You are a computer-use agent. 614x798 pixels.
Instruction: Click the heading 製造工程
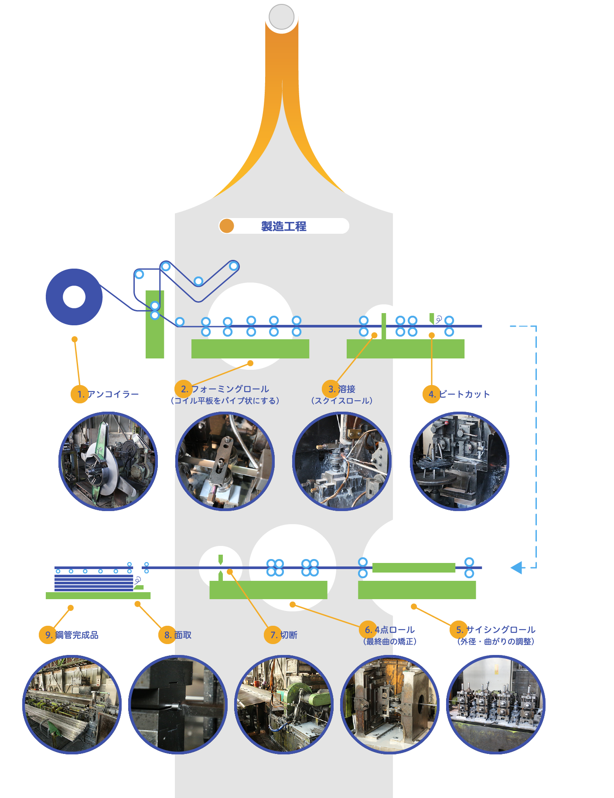pyautogui.click(x=283, y=226)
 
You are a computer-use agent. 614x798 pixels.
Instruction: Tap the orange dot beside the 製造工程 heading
pyautogui.click(x=227, y=226)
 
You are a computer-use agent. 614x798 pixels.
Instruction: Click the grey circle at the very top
pyautogui.click(x=282, y=17)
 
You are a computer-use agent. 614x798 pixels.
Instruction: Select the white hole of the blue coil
pyautogui.click(x=74, y=297)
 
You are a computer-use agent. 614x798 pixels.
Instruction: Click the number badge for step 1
pyautogui.click(x=80, y=394)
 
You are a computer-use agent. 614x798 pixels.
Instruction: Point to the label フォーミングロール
pyautogui.click(x=230, y=389)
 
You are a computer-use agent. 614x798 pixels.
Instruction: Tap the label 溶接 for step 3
pyautogui.click(x=347, y=389)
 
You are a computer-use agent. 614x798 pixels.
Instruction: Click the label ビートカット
pyautogui.click(x=464, y=394)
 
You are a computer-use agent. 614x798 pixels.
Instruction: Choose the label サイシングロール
pyautogui.click(x=501, y=630)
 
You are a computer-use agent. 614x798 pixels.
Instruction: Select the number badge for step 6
pyautogui.click(x=368, y=630)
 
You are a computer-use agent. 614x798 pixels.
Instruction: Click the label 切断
pyautogui.click(x=289, y=635)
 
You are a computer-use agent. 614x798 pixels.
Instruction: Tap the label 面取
pyautogui.click(x=183, y=635)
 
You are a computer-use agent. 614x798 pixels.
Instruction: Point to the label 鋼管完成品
pyautogui.click(x=77, y=635)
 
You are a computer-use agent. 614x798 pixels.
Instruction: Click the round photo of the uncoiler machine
pyautogui.click(x=108, y=461)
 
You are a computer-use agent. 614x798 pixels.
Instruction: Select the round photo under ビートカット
pyautogui.click(x=460, y=461)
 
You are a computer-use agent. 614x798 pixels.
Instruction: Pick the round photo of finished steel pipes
pyautogui.click(x=72, y=705)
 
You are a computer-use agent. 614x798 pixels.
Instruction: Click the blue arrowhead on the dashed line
pyautogui.click(x=516, y=568)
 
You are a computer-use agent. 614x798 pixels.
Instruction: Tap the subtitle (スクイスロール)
pyautogui.click(x=342, y=401)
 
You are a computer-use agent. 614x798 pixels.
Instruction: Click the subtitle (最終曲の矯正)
pyautogui.click(x=390, y=641)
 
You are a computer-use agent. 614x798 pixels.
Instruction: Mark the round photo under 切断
pyautogui.click(x=284, y=705)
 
